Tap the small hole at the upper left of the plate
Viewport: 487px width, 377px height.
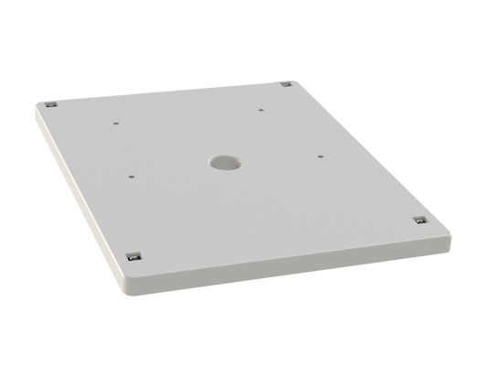point(116,120)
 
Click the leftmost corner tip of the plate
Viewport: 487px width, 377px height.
point(34,105)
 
